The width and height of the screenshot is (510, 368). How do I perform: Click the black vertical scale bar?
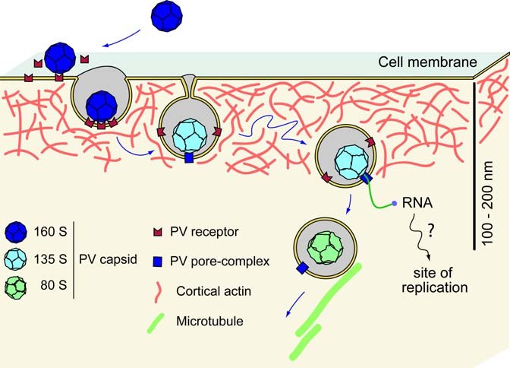(475, 164)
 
